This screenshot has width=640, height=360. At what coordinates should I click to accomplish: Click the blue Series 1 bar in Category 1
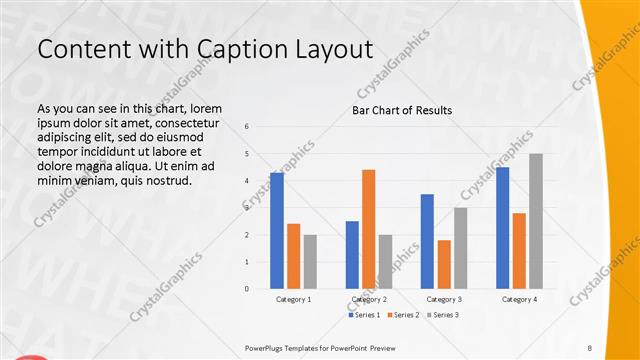tap(277, 231)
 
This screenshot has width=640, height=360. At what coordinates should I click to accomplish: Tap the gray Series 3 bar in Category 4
tap(536, 221)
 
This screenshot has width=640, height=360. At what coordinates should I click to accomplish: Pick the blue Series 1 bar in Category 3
tap(427, 241)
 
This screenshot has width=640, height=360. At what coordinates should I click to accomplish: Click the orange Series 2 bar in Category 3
tap(444, 264)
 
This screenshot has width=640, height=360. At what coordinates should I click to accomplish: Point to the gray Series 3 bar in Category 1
tap(310, 261)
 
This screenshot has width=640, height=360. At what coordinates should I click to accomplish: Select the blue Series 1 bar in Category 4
tap(502, 228)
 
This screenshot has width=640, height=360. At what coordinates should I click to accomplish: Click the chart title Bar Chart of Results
tap(402, 110)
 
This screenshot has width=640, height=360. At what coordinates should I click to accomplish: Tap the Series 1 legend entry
tap(364, 315)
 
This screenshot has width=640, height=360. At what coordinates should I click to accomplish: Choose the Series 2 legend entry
tap(402, 315)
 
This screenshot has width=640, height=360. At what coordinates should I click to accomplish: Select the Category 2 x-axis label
tap(369, 299)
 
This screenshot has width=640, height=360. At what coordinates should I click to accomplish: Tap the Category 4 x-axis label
tap(519, 299)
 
